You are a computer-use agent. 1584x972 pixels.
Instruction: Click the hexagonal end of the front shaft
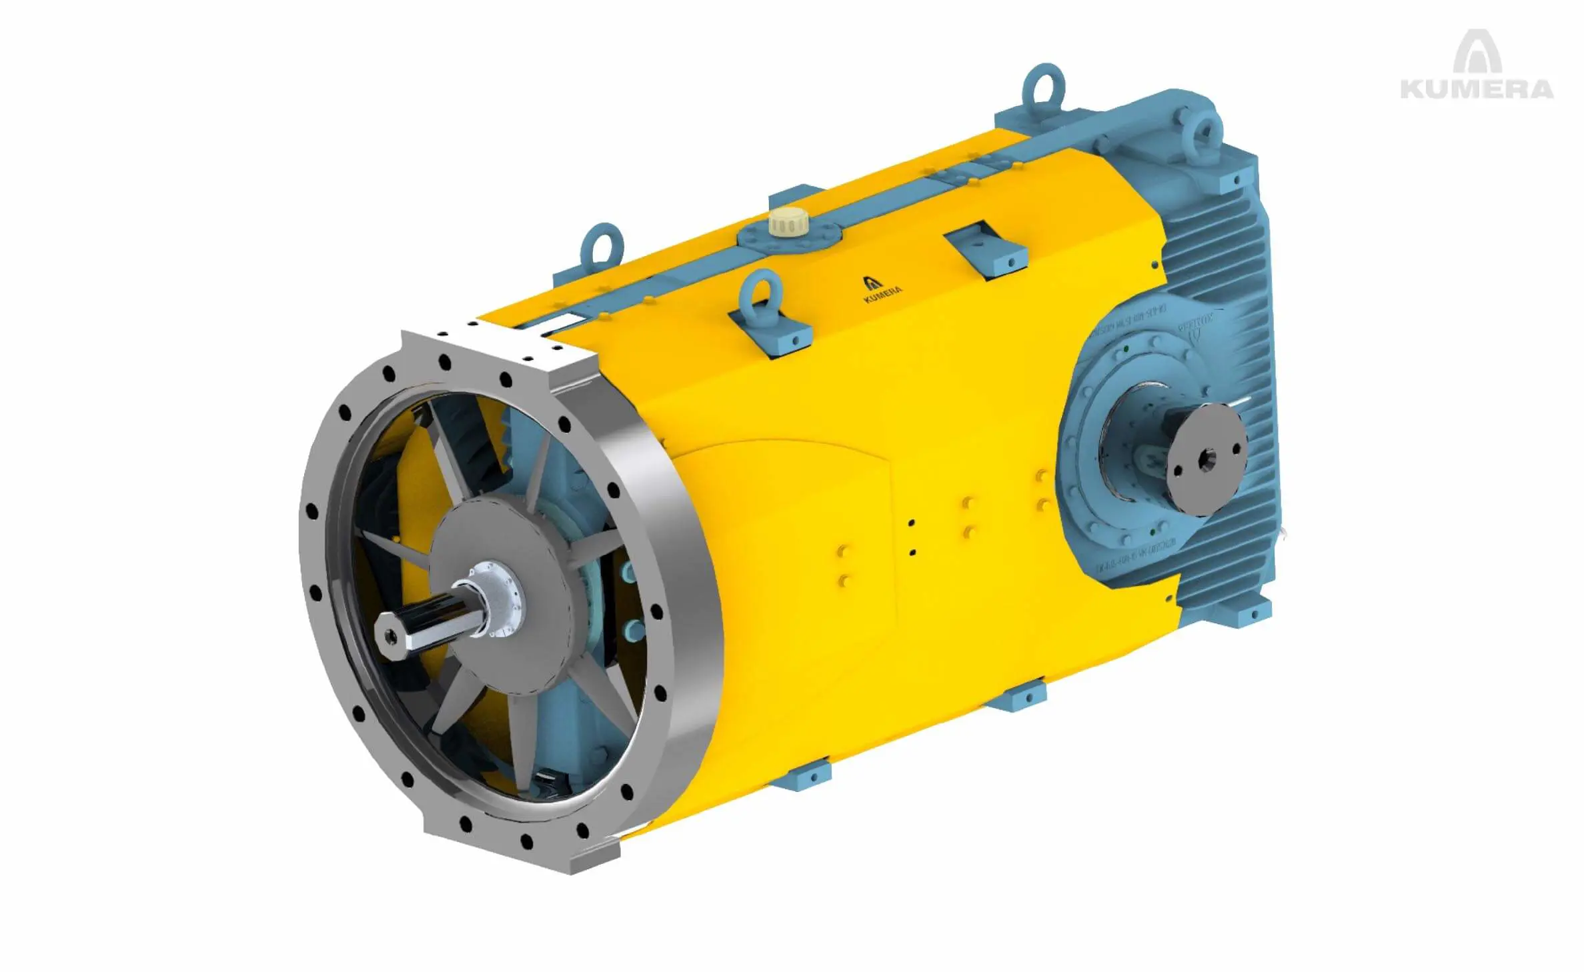point(390,635)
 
